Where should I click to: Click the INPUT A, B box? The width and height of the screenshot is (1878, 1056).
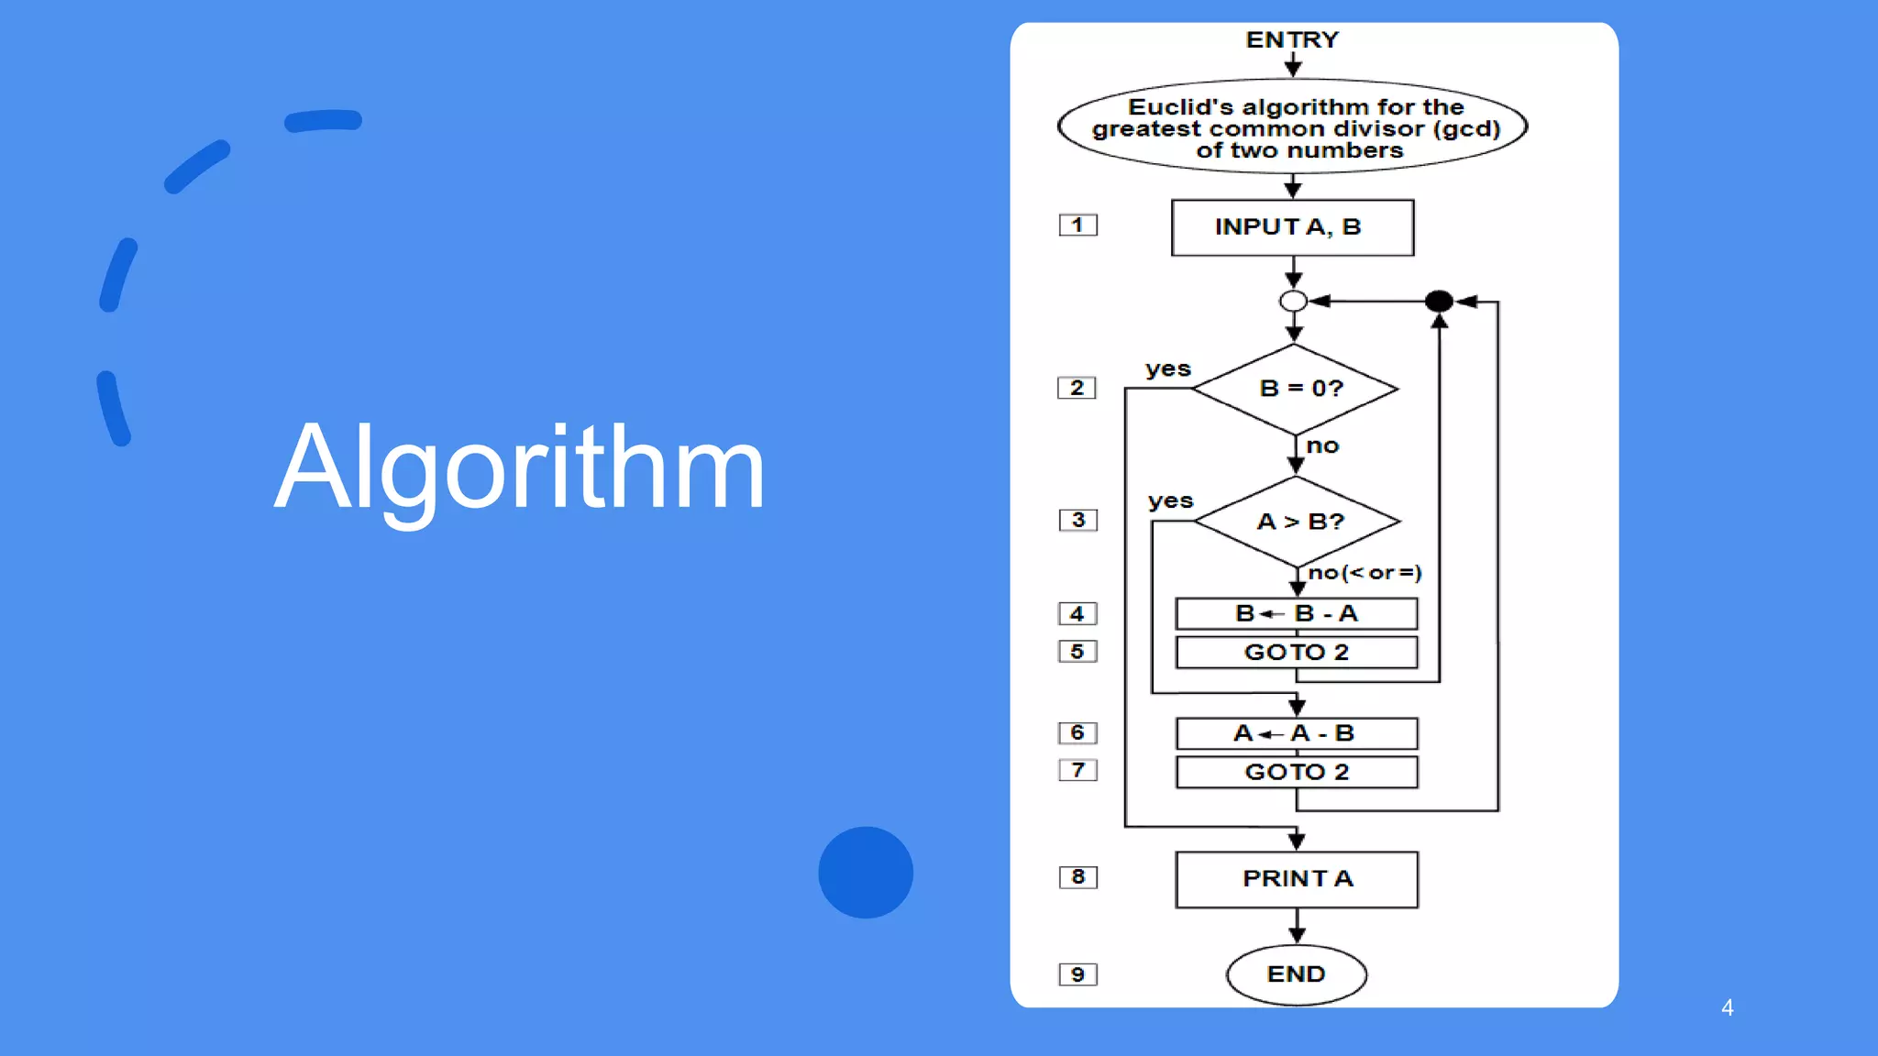coord(1292,227)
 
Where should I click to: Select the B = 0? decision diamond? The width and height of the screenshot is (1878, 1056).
coord(1295,389)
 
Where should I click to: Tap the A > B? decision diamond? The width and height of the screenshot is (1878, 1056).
coord(1298,521)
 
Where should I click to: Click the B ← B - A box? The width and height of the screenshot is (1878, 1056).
coord(1296,613)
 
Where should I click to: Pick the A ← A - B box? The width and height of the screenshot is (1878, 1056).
coord(1296,733)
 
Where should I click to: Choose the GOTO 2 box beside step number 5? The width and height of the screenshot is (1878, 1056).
coord(1296,652)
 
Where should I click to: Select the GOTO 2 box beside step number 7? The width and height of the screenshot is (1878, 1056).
coord(1296,772)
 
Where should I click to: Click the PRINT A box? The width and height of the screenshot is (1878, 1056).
coord(1297,879)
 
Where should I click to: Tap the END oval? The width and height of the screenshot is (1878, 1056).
coord(1296,974)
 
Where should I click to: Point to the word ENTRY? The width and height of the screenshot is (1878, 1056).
coord(1292,40)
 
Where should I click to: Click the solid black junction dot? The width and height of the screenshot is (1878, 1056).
coord(1439,301)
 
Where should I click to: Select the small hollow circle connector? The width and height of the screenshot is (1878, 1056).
coord(1293,301)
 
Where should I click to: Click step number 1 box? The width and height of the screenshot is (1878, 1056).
coord(1077,225)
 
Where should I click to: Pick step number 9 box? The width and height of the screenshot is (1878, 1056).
coord(1077,974)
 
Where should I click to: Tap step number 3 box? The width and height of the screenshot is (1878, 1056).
coord(1077,520)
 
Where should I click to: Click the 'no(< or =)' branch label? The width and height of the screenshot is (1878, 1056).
coord(1364,573)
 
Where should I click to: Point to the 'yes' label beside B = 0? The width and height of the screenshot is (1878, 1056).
coord(1167,369)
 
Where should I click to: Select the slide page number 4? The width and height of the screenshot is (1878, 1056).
coord(1727,1008)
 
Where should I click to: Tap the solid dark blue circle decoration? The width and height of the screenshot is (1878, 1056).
coord(866,873)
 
